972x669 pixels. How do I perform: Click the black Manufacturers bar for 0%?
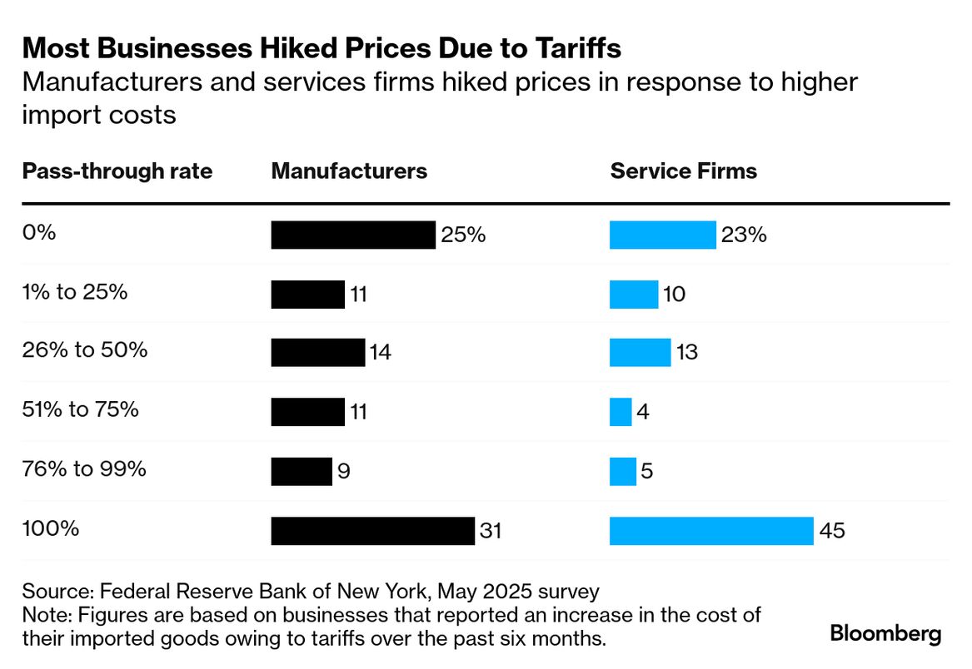point(353,235)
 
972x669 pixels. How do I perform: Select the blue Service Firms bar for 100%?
point(711,530)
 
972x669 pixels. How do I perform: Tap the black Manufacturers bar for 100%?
point(372,530)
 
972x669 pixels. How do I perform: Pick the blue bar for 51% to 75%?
point(621,412)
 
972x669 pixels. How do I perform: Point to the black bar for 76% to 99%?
point(302,471)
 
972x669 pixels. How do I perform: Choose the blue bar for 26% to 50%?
point(640,353)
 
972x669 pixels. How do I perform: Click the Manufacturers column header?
point(349,171)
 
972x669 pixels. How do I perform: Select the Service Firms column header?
point(683,171)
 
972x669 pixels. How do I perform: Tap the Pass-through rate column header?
point(117,171)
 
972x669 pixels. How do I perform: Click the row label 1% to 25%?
point(75,292)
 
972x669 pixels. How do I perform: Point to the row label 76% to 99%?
point(84,468)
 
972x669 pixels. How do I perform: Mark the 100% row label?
point(51,528)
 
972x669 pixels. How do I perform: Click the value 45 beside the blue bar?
point(832,531)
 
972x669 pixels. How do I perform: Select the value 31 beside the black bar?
point(491,531)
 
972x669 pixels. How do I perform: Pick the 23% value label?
point(744,235)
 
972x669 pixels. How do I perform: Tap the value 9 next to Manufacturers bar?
point(344,472)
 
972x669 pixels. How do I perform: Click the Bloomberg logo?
point(885,633)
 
